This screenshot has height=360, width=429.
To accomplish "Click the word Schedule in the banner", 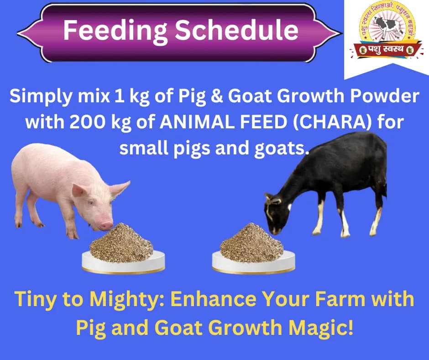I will click(x=237, y=30).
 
